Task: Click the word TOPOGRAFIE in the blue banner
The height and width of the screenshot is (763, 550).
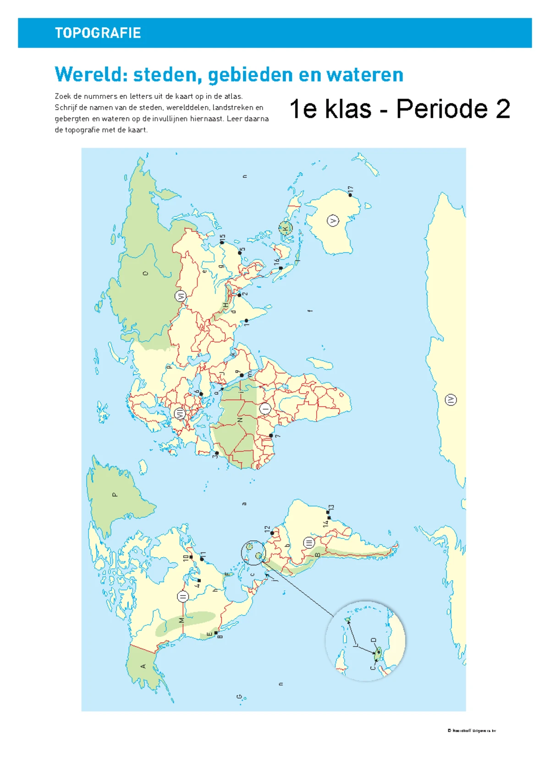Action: coord(98,33)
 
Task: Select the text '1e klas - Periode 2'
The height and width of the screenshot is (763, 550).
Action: coord(400,109)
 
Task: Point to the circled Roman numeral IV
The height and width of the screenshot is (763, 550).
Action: coord(451,400)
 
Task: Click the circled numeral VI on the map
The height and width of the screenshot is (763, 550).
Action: coord(181,296)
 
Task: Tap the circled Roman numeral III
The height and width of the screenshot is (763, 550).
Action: coord(309,543)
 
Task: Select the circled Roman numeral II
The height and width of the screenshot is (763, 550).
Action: coord(182,597)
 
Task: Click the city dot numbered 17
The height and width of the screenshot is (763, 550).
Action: coord(350,195)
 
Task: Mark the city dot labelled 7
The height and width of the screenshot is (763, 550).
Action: coord(271,435)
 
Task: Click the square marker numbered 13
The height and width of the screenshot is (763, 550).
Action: coord(328,512)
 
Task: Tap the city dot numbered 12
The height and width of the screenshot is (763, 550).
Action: coord(272,533)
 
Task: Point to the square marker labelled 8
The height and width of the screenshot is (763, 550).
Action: coord(216,632)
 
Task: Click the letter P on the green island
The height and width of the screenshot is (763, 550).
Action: coord(115,494)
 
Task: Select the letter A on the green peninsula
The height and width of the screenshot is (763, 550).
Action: coord(143,666)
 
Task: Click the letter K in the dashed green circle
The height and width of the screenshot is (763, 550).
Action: coord(286,228)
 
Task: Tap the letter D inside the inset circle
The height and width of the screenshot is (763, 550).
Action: coord(373,640)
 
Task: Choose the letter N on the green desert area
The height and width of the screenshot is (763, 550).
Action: coord(240,420)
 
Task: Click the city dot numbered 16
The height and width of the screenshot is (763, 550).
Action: coord(281,268)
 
